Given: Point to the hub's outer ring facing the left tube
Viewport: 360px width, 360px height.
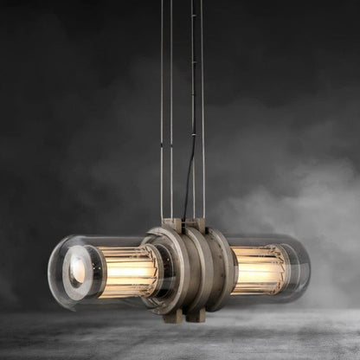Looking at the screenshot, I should pyautogui.click(x=156, y=268).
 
